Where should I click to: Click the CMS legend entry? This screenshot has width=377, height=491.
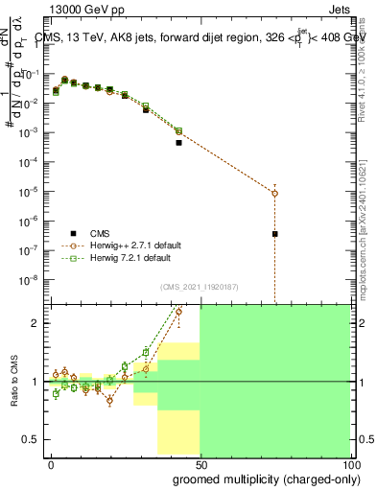click(100, 232)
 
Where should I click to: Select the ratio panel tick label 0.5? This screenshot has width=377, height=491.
click(32, 439)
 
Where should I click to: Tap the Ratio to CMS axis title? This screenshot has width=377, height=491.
click(14, 382)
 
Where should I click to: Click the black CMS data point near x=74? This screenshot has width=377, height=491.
click(274, 234)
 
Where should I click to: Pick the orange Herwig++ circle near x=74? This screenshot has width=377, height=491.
click(274, 193)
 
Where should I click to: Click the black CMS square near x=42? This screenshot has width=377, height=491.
click(178, 143)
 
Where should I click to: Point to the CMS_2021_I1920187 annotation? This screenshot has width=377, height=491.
click(200, 286)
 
